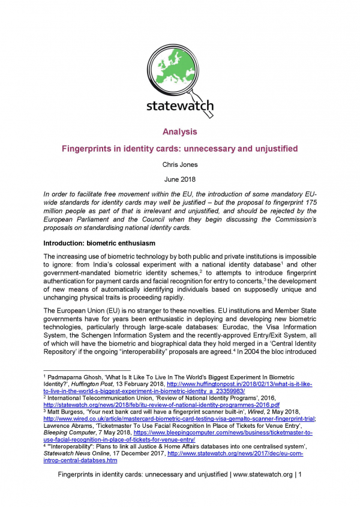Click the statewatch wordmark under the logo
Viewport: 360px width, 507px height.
point(180,107)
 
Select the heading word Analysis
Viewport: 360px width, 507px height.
point(180,131)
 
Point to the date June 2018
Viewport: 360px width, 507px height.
point(180,179)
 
